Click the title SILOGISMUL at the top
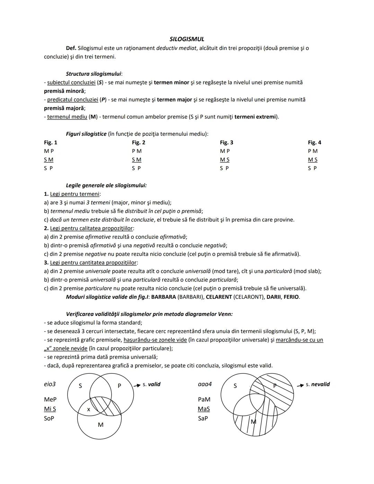click(187, 39)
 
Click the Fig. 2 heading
click(139, 142)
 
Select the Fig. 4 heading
click(314, 142)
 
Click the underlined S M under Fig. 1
click(48, 160)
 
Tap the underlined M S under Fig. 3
click(225, 160)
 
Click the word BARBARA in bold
click(163, 297)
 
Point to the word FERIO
click(291, 297)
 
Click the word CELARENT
click(219, 297)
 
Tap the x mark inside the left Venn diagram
click(89, 409)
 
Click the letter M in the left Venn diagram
click(100, 425)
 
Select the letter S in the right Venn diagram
click(235, 386)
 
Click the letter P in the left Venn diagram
click(119, 386)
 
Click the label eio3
click(50, 384)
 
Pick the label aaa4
click(205, 384)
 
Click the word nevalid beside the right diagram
click(320, 384)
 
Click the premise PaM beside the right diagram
click(204, 399)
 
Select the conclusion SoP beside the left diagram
click(49, 419)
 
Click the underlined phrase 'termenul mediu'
click(67, 117)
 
